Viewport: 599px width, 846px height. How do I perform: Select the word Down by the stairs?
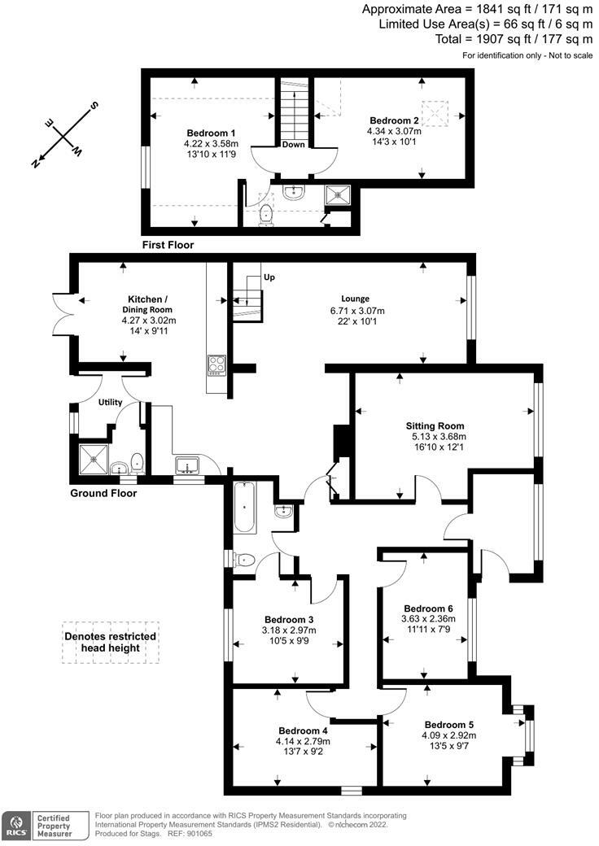[x=294, y=146]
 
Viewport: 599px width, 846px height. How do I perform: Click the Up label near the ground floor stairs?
[x=269, y=277]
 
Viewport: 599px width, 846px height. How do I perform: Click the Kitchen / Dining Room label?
[x=150, y=304]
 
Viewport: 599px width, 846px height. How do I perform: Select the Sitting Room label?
[x=435, y=425]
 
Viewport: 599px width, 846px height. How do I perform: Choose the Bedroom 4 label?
[x=303, y=730]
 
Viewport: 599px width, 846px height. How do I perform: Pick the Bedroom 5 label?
[x=449, y=725]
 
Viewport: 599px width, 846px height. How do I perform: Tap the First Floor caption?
[x=168, y=245]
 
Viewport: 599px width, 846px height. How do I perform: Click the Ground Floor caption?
[x=103, y=493]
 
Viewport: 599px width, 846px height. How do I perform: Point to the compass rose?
[x=66, y=135]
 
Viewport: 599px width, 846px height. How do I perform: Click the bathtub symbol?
[x=244, y=507]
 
